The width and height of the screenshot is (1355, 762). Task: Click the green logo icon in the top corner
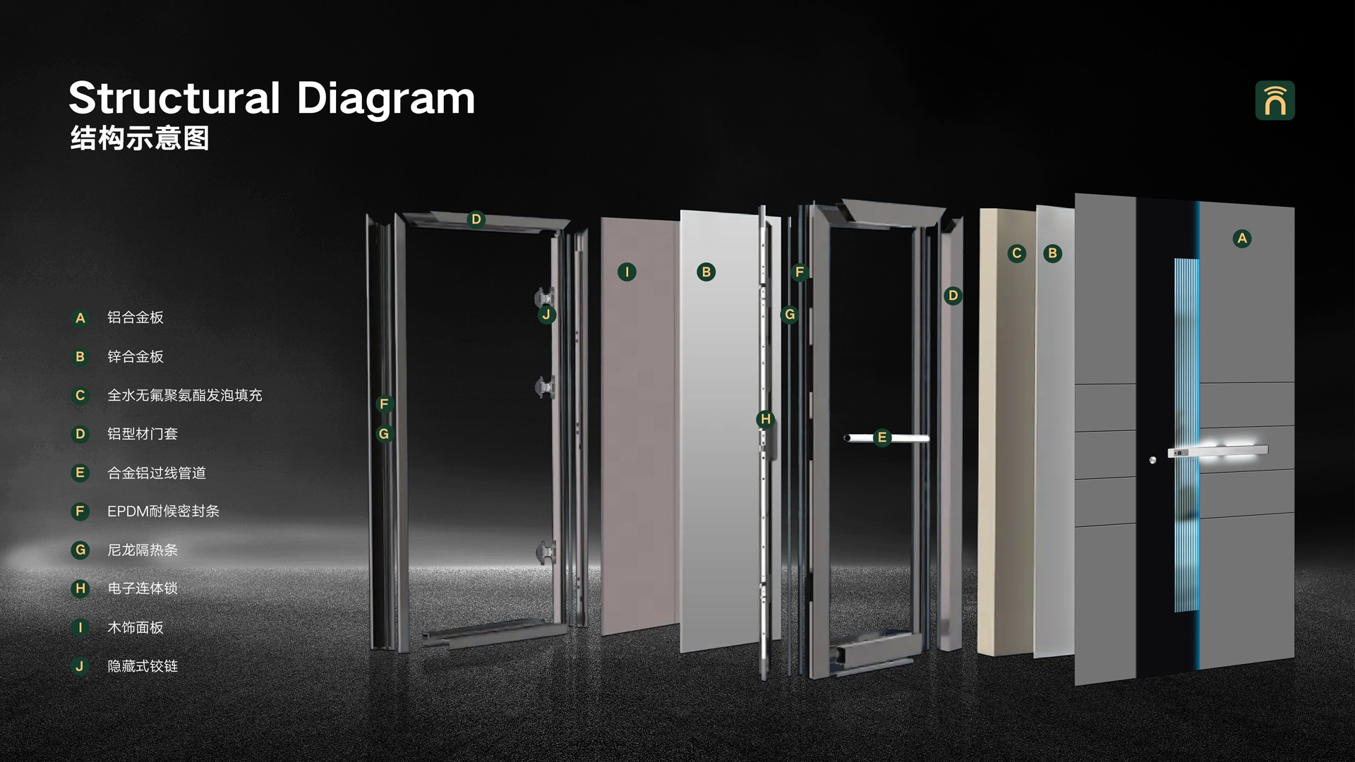[x=1275, y=100]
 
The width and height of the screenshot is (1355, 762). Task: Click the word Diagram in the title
[x=385, y=99]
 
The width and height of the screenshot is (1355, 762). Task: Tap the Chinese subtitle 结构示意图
[x=140, y=138]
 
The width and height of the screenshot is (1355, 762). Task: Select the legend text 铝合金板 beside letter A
[x=135, y=317]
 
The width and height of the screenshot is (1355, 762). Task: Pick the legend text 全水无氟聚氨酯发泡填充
[x=185, y=395]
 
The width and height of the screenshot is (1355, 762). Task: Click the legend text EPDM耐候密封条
[x=164, y=511]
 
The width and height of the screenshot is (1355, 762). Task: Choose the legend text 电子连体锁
[x=143, y=588]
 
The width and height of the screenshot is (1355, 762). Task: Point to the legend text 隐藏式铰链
[x=143, y=666]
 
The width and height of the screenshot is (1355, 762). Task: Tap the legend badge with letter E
[x=80, y=473]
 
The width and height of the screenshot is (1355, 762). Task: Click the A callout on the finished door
[x=1242, y=238]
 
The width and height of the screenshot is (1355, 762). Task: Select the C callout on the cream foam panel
[x=1017, y=253]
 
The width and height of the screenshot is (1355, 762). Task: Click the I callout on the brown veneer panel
[x=627, y=272]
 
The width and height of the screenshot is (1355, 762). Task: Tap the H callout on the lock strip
[x=766, y=419]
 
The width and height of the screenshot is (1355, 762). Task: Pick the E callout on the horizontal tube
[x=881, y=437]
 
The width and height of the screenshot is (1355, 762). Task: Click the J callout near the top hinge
[x=546, y=315]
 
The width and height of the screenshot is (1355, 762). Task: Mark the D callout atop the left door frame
[x=476, y=219]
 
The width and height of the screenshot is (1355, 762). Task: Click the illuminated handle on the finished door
[x=1218, y=450]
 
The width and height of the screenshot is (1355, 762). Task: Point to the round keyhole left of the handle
[x=1152, y=460]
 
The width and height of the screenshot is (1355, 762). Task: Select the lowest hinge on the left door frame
[x=546, y=552]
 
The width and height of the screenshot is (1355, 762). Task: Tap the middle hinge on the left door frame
[x=544, y=387]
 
